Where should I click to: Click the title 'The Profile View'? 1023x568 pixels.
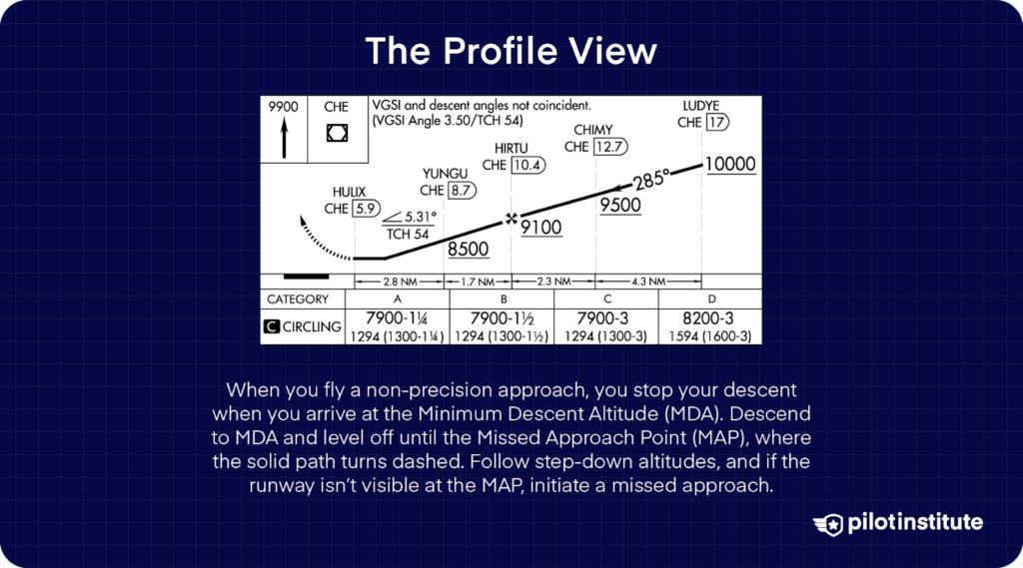[511, 51]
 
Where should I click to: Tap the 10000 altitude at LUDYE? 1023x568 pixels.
[729, 165]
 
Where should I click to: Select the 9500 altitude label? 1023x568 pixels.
[619, 205]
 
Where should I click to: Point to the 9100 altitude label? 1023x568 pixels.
[541, 228]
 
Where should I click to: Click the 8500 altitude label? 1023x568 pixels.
[468, 249]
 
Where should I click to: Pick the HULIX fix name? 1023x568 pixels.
[350, 192]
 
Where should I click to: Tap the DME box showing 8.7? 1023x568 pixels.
[462, 190]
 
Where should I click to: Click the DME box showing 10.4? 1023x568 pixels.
[527, 165]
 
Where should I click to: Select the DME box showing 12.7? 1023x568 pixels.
[610, 147]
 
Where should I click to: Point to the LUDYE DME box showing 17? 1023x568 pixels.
[716, 122]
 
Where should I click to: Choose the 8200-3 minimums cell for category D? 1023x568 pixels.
[708, 318]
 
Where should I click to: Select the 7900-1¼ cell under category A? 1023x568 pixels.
[398, 318]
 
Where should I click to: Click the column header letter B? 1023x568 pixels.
[503, 298]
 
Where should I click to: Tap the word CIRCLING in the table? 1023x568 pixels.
[312, 326]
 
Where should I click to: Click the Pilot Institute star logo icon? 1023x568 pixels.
[828, 523]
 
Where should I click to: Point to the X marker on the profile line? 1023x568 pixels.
[511, 218]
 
